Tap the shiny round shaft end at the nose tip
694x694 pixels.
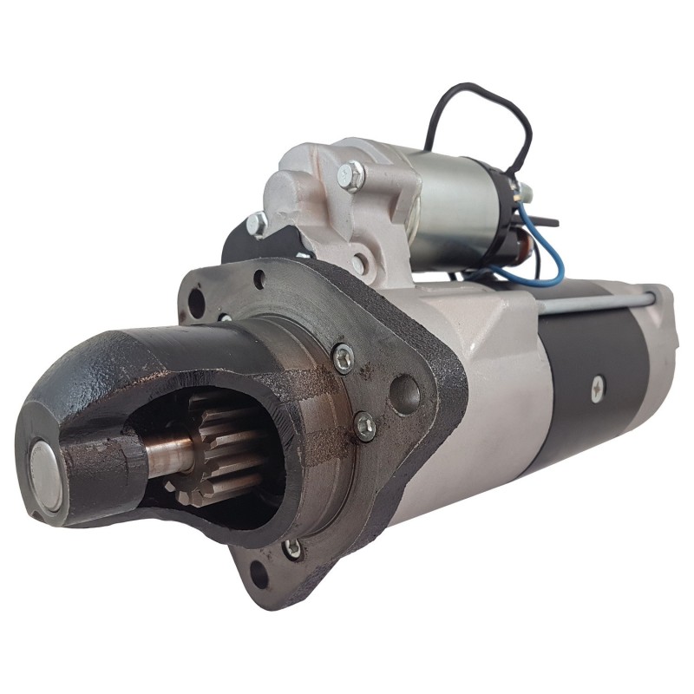[x=43, y=474]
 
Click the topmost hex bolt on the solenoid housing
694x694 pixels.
[x=351, y=175]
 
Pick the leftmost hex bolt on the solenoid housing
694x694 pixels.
[x=257, y=224]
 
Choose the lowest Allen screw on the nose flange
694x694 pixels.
[x=293, y=548]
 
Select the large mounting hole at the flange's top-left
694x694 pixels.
[x=197, y=302]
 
